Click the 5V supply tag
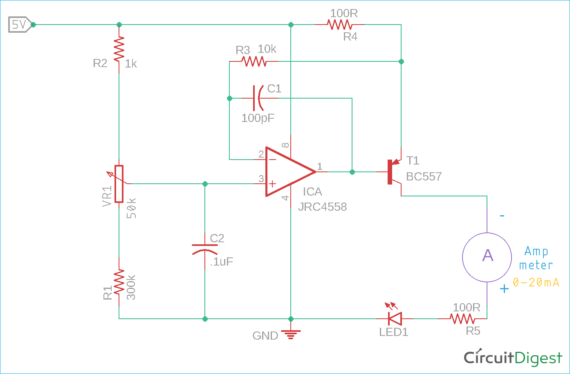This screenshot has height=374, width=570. pos(18,25)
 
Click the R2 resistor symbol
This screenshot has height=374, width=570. pos(119,49)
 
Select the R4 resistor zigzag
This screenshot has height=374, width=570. pos(339,25)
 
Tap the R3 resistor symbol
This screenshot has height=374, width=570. pos(254,61)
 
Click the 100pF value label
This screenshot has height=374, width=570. pos(258,118)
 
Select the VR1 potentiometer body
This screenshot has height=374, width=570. pos(119,184)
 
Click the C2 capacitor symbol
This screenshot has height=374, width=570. pos(205,248)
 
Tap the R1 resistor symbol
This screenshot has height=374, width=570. pos(119,282)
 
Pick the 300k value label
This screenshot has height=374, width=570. pos(131,287)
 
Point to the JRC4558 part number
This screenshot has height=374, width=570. pos(322,207)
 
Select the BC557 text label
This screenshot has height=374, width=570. pos(424,176)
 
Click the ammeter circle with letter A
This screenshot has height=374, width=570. pos(487,257)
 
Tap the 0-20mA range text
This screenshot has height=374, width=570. pos(536,282)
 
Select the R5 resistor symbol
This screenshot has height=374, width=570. pos(462,318)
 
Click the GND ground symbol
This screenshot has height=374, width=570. pos(291,335)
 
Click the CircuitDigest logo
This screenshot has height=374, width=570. pos(513,358)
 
